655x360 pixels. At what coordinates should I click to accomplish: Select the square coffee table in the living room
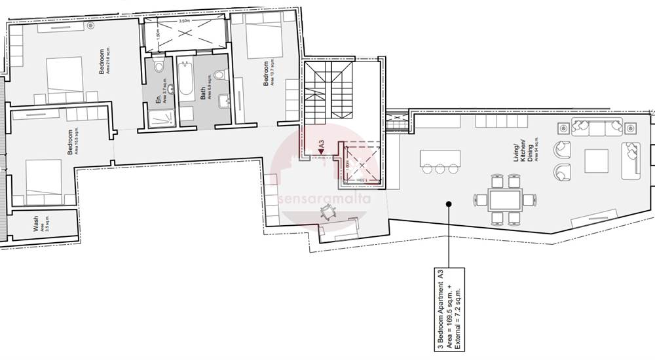point(596,160)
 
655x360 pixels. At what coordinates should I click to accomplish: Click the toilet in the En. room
point(159,67)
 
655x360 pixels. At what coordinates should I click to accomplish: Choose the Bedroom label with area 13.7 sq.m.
point(268,77)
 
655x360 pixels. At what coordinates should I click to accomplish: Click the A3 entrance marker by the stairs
point(321,147)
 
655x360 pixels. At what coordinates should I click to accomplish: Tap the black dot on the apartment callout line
point(448,204)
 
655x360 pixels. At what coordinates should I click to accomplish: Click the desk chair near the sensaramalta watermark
point(328,211)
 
